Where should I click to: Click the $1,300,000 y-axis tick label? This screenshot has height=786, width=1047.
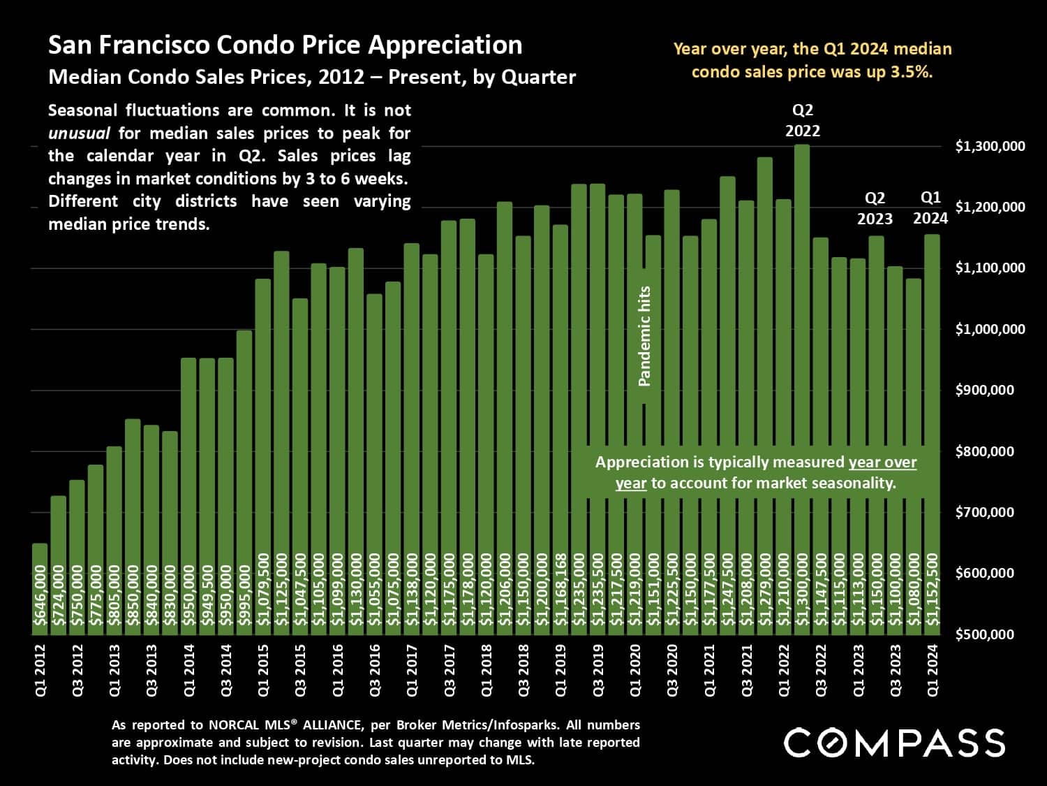click(990, 146)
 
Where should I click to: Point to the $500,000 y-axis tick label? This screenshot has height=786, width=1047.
click(984, 634)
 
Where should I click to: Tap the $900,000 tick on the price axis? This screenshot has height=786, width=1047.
click(984, 390)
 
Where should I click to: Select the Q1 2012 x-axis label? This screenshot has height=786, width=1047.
click(40, 670)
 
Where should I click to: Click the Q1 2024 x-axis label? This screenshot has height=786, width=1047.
click(933, 670)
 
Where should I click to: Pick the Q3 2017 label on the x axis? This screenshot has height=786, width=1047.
click(450, 670)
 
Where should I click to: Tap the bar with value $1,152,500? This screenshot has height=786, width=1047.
click(933, 433)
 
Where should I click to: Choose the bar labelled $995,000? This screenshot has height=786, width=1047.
click(244, 482)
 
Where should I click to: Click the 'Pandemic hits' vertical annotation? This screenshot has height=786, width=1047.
click(644, 336)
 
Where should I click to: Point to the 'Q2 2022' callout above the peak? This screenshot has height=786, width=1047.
click(803, 120)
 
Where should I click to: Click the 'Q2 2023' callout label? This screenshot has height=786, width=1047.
click(875, 208)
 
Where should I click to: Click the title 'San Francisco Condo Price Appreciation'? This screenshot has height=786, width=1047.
click(285, 45)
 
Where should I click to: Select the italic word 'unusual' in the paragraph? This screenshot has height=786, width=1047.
click(79, 133)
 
